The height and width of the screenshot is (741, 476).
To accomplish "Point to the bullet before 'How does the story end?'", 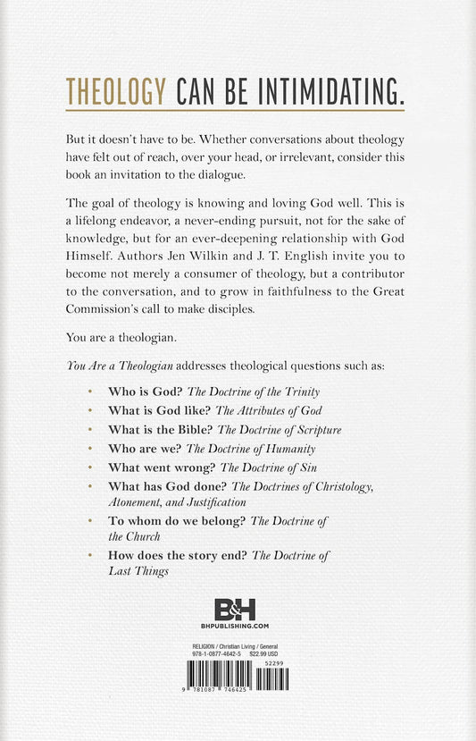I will point(91,555).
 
